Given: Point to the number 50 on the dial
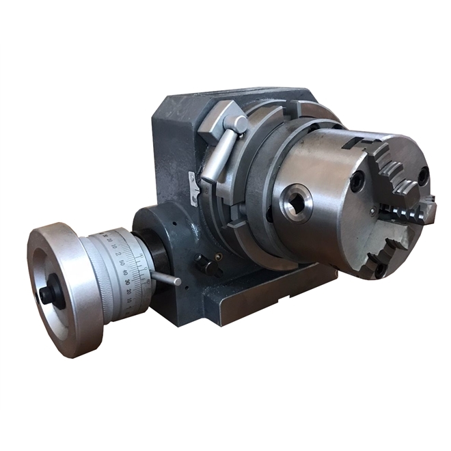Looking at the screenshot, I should click(121, 262).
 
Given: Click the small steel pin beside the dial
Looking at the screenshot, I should click(166, 278).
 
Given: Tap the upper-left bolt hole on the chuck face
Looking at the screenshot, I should click(357, 181).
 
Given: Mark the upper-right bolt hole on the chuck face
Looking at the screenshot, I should click(423, 176).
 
